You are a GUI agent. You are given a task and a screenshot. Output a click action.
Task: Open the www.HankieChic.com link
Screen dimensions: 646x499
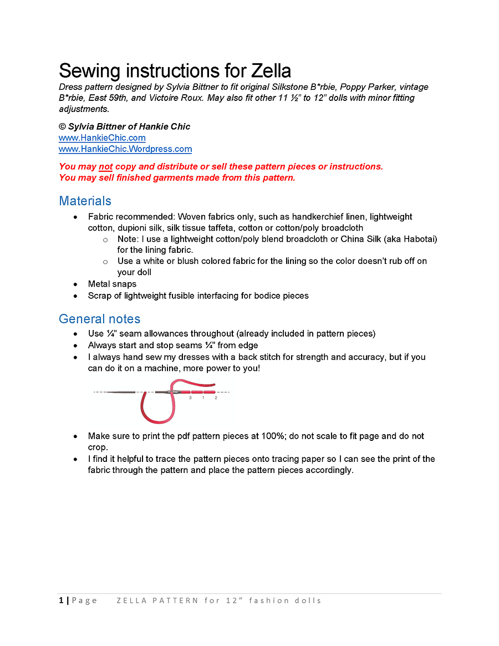click(102, 138)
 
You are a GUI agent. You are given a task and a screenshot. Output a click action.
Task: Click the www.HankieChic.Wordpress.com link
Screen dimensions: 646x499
click(125, 149)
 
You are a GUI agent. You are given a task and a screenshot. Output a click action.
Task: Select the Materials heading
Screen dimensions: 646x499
click(85, 201)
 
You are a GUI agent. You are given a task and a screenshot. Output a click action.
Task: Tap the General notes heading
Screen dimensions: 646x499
click(99, 319)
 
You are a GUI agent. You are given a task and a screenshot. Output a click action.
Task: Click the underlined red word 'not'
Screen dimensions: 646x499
click(105, 166)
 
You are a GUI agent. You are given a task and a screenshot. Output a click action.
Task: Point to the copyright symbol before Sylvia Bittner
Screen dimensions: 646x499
click(62, 126)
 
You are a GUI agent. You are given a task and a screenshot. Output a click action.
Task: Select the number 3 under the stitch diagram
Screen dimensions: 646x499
click(190, 398)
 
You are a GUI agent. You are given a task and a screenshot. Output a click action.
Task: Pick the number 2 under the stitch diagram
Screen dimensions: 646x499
click(216, 398)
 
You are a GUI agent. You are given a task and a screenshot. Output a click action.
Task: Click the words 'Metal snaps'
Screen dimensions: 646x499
click(112, 284)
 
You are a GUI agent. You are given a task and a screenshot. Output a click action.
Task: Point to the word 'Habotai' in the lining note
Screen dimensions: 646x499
click(418, 239)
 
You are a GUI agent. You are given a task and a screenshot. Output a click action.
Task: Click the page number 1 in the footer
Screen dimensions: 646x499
click(61, 601)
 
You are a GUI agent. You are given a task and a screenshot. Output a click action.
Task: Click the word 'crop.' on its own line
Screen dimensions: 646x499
click(98, 447)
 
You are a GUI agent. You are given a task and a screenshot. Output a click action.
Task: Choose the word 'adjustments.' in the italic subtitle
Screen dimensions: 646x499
click(84, 109)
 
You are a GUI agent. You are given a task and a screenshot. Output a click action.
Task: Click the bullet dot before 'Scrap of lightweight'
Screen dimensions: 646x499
click(75, 296)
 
